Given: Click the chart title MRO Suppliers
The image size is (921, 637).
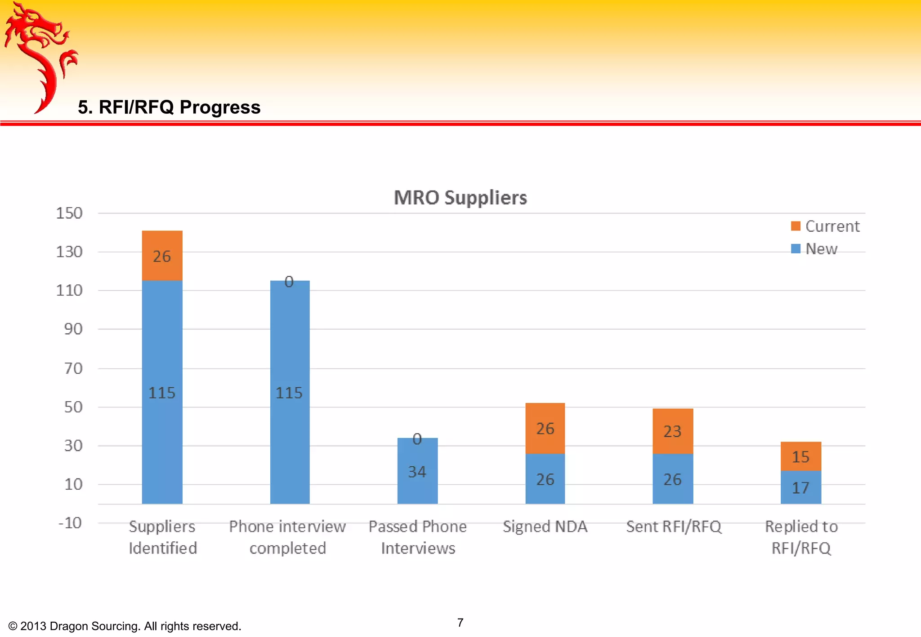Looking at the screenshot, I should click(460, 198).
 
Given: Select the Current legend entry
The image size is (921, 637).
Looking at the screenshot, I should click(825, 226).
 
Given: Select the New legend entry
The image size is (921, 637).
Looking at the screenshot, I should click(814, 249).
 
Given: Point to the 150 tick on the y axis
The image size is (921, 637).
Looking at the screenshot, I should click(69, 213).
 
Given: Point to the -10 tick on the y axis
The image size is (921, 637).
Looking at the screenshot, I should click(70, 523).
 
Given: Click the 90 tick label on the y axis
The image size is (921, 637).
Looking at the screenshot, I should click(73, 329).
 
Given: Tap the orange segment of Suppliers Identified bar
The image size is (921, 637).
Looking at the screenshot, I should click(162, 256).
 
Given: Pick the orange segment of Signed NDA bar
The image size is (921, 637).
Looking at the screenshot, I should click(545, 428).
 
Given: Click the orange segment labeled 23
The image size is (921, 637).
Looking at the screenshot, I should click(673, 431).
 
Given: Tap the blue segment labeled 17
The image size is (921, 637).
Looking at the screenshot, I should click(800, 487).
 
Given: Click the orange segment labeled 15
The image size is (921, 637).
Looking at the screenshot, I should click(800, 456).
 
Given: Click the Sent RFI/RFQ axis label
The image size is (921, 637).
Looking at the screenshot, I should click(674, 526).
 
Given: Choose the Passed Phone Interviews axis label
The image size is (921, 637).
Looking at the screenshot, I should click(418, 537).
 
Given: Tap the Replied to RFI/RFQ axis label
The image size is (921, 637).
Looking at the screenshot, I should click(801, 537).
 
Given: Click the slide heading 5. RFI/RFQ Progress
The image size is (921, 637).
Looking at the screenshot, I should click(169, 107).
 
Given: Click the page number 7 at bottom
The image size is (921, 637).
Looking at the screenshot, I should click(460, 623).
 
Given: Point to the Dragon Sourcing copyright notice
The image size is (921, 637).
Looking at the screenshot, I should click(125, 626).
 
